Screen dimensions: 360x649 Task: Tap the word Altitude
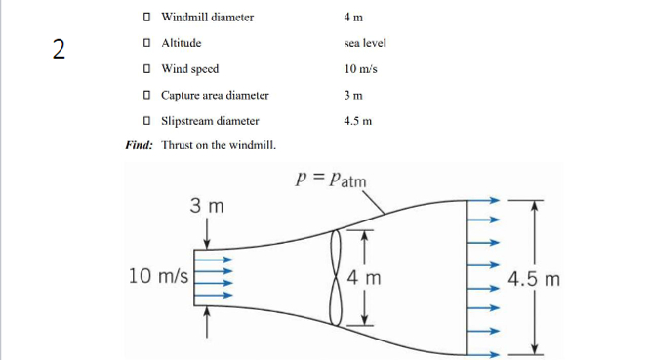click(x=182, y=44)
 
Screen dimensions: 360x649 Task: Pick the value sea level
click(x=366, y=44)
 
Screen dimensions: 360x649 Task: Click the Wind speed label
click(x=189, y=69)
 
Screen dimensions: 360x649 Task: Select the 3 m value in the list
click(x=354, y=96)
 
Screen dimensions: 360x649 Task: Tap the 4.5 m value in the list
click(x=359, y=121)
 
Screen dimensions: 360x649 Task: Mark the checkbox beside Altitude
click(x=145, y=44)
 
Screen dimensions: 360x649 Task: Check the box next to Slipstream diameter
click(x=145, y=121)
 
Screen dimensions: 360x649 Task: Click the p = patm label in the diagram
click(x=331, y=182)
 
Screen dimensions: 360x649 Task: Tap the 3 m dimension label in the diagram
click(x=207, y=207)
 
